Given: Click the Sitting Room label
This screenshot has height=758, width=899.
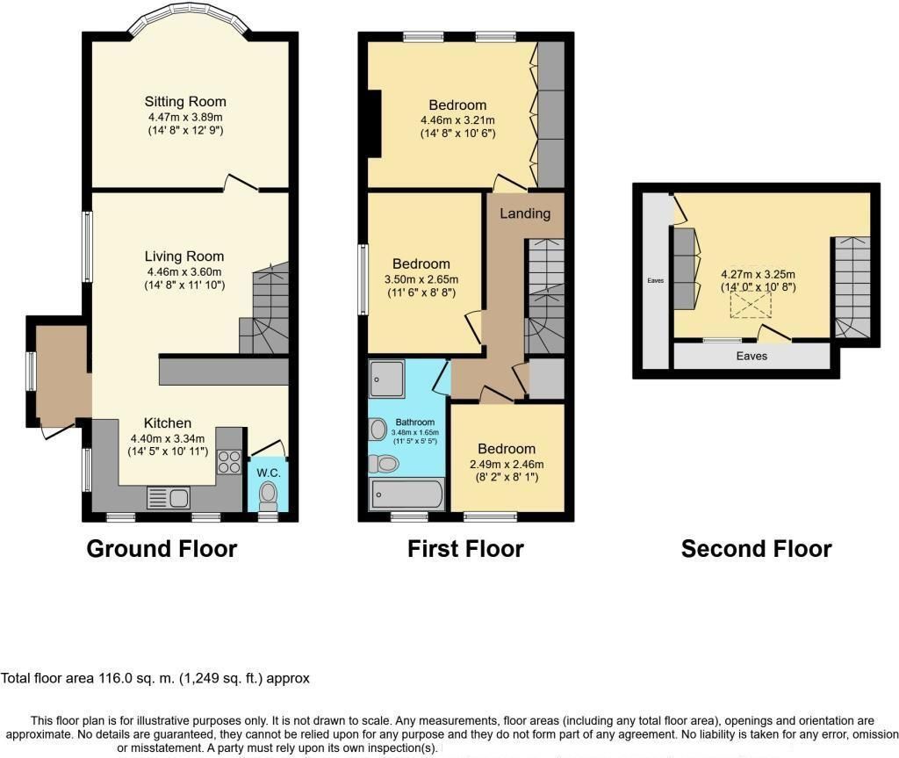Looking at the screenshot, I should point(185,102).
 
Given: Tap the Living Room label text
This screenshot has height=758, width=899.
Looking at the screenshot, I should point(184,256).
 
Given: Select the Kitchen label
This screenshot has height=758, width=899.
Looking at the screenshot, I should point(161,423).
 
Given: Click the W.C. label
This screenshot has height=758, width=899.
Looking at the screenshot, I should point(268,472).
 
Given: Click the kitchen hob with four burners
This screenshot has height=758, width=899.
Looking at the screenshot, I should point(229,462).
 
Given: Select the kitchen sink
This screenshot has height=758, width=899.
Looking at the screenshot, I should point(169,498).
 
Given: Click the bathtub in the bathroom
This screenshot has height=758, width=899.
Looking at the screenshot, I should point(408,495).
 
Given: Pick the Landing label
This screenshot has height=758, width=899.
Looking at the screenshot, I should point(525,213).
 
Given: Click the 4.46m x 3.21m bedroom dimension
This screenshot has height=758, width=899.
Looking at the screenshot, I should point(457,120).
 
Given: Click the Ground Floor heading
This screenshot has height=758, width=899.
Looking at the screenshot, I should point(162,550).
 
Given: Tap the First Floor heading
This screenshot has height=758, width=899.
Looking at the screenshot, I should point(465,550).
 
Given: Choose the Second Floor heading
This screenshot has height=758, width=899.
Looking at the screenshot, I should point(756,550).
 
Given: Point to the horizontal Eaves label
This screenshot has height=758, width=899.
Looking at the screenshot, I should point(752,357).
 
